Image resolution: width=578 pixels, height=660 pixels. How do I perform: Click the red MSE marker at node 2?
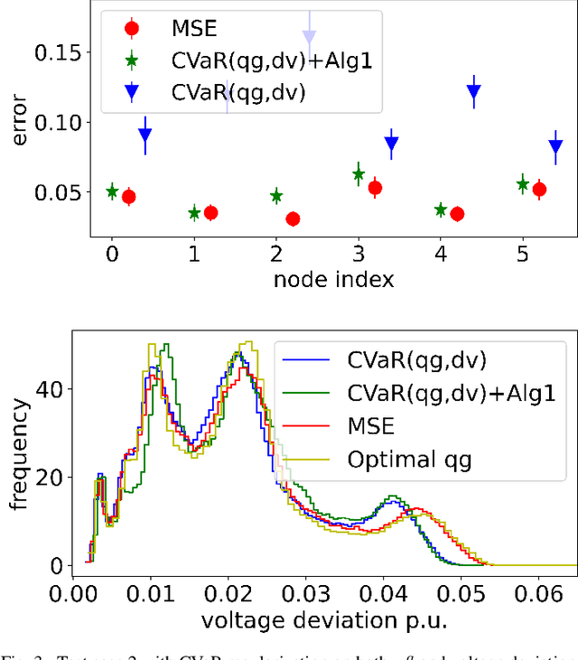click(293, 218)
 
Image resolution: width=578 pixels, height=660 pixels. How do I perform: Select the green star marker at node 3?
click(359, 174)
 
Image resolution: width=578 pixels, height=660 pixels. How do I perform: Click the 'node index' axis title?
click(333, 280)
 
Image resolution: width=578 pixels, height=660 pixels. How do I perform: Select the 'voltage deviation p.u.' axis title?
click(324, 621)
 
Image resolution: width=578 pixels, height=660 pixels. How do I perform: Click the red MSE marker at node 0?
click(129, 197)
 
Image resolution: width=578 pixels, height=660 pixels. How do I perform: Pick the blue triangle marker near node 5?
click(555, 146)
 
